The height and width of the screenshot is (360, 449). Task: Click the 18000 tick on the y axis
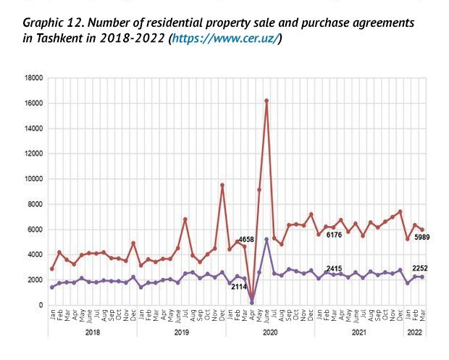click(x=33, y=78)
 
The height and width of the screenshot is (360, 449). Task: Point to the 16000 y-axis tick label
click(x=33, y=103)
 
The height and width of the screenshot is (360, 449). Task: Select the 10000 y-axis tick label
click(x=33, y=179)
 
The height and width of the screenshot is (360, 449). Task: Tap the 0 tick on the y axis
click(x=40, y=305)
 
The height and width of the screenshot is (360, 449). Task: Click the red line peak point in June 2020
click(x=267, y=101)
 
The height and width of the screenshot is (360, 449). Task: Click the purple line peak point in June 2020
click(x=267, y=239)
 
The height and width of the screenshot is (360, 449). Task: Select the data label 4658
click(x=248, y=239)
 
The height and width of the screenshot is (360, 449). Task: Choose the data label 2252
click(x=423, y=269)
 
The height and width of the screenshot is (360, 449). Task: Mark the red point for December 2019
click(x=222, y=185)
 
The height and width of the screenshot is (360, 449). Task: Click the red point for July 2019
click(x=185, y=219)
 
